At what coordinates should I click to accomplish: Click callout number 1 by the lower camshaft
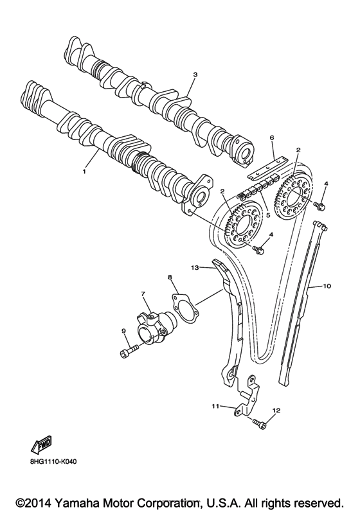[x=84, y=172]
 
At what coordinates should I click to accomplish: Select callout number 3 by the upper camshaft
[x=195, y=75]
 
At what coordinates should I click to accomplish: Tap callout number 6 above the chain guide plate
[x=272, y=137]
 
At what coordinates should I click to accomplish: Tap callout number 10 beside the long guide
[x=327, y=285]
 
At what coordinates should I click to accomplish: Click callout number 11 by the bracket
[x=216, y=406]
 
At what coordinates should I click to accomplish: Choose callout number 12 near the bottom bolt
[x=276, y=409]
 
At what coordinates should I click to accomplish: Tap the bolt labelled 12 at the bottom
[x=259, y=423]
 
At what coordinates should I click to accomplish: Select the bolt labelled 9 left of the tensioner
[x=128, y=351]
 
